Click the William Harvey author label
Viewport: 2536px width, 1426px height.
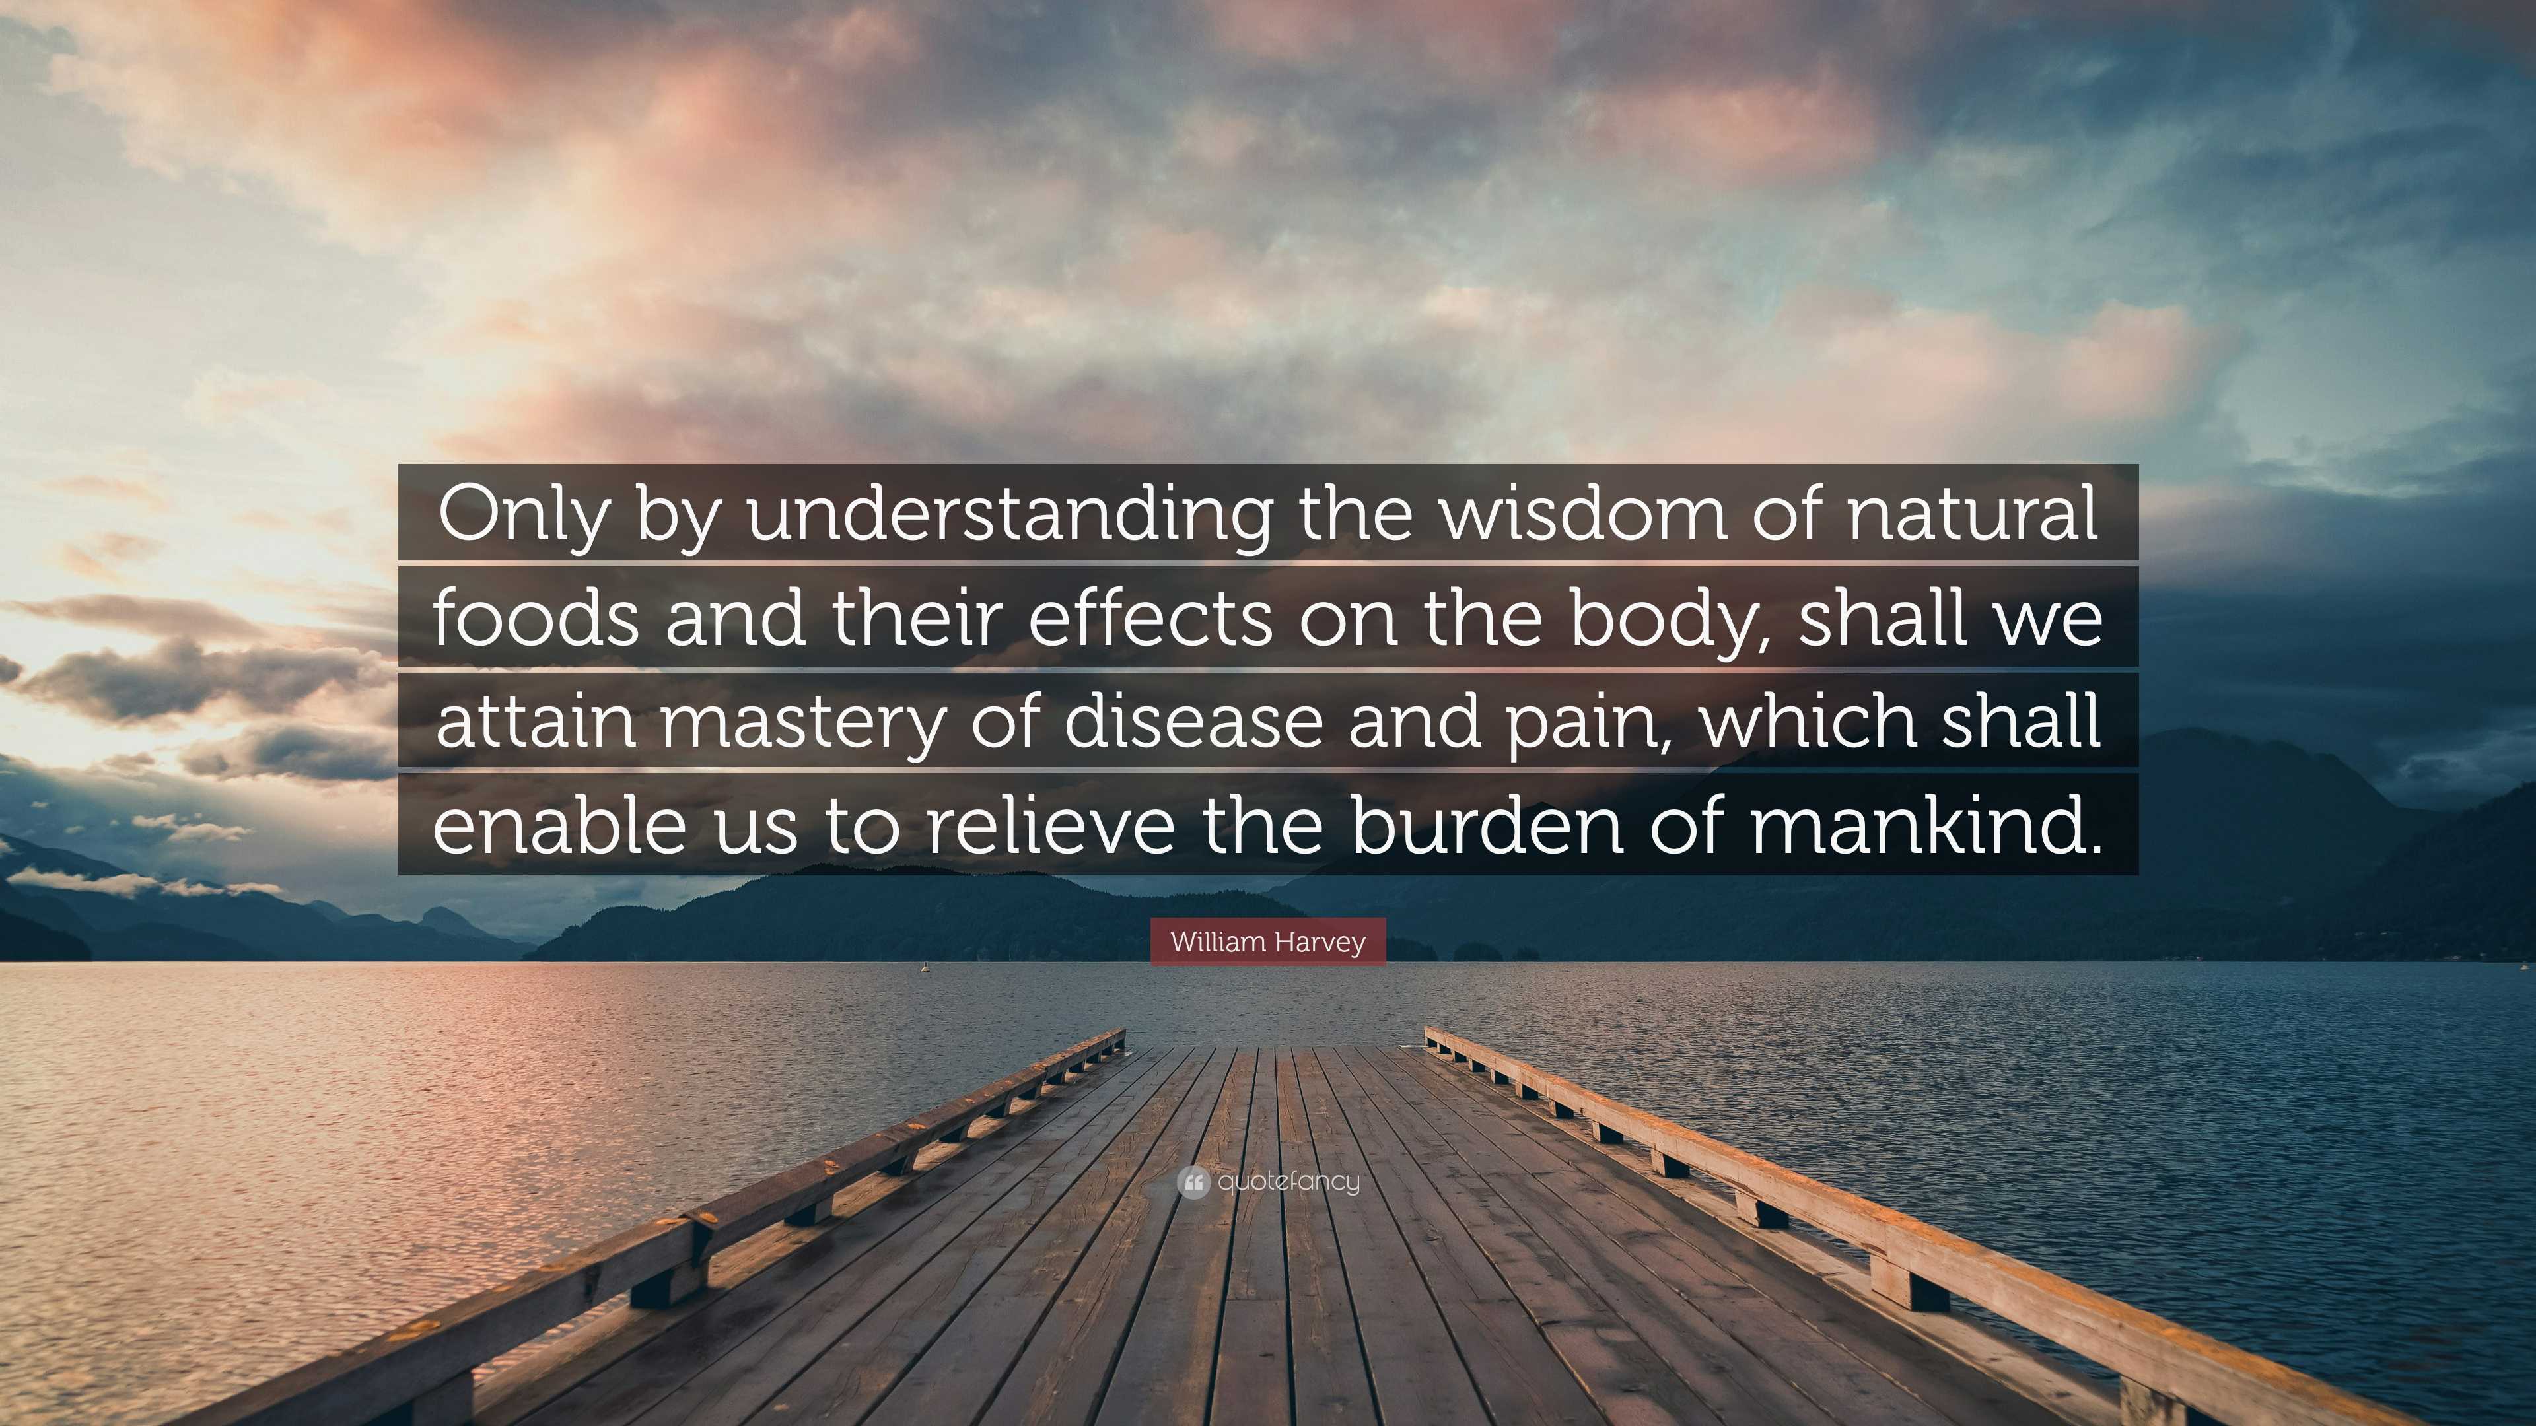(1268, 942)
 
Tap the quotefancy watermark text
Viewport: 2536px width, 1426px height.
(1288, 1181)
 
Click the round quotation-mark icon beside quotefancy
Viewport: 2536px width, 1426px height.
(1192, 1182)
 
